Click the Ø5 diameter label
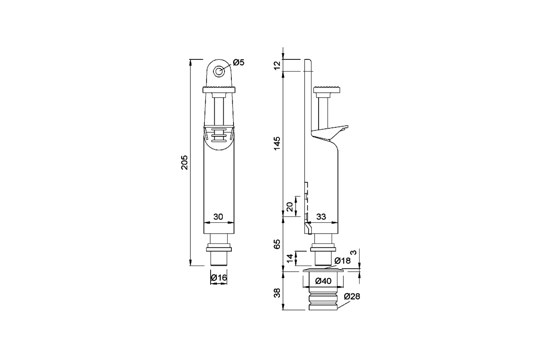click(x=238, y=63)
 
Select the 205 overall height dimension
click(x=184, y=162)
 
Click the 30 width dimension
click(x=218, y=217)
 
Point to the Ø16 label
click(x=219, y=278)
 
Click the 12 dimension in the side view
click(x=277, y=65)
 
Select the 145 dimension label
click(x=277, y=143)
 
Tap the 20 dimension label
click(x=289, y=207)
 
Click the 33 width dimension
click(x=321, y=217)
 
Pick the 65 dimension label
click(x=277, y=244)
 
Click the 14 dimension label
click(x=290, y=258)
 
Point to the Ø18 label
click(x=342, y=261)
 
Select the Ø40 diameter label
click(x=323, y=281)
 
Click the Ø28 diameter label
click(x=352, y=297)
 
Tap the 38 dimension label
click(x=277, y=293)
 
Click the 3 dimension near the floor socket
click(x=353, y=252)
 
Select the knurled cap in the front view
click(x=219, y=89)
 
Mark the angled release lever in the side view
click(x=329, y=133)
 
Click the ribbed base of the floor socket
click(x=323, y=301)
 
